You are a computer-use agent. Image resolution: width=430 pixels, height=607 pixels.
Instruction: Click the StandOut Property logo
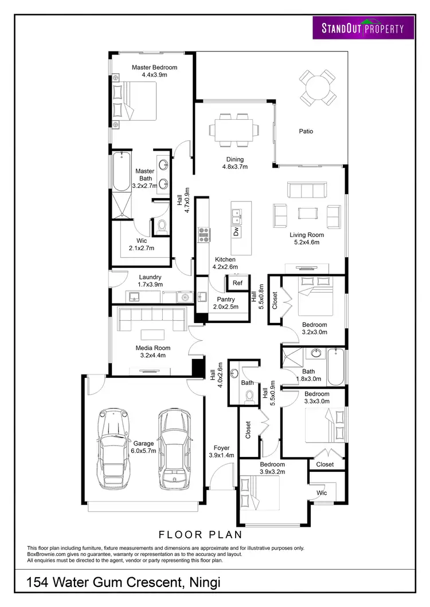click(x=363, y=27)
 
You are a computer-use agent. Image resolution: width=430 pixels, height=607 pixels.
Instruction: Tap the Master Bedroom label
click(x=154, y=71)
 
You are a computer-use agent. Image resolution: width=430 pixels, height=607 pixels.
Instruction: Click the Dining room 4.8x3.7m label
click(x=234, y=163)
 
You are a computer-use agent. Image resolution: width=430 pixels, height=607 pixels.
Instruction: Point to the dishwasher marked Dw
click(x=236, y=231)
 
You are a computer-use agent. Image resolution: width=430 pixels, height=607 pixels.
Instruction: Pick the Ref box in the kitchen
click(x=237, y=282)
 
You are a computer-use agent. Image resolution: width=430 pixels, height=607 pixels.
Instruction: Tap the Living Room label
click(x=306, y=238)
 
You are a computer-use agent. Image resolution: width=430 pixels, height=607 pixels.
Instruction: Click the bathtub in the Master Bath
click(x=120, y=172)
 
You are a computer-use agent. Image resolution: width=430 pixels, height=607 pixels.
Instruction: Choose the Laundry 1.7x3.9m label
click(x=150, y=281)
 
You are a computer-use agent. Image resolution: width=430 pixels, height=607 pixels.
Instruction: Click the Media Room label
click(x=153, y=352)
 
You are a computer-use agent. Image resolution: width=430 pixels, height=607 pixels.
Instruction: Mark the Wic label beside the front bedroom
click(x=322, y=492)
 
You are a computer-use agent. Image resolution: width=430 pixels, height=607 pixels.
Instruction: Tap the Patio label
click(x=306, y=131)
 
